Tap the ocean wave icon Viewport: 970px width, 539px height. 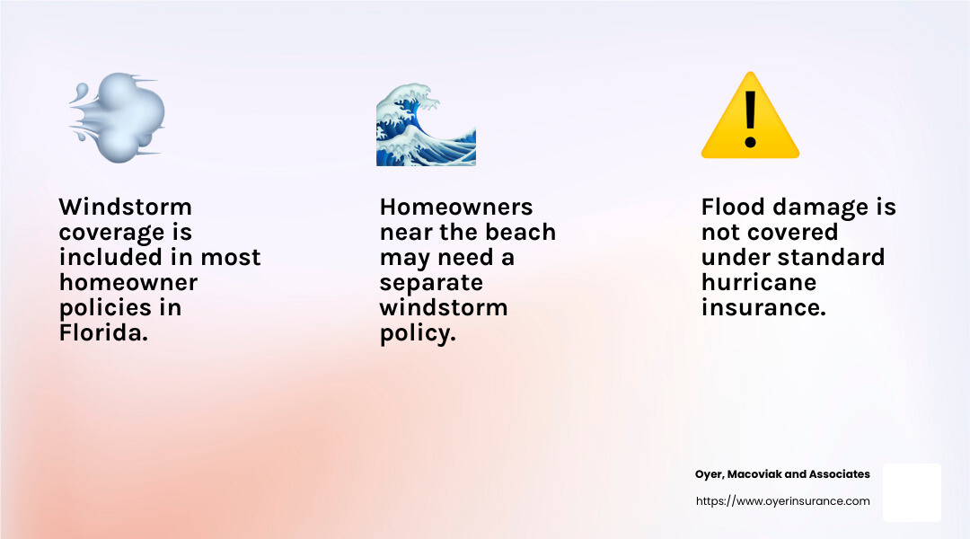coord(425,126)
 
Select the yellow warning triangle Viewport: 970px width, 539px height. coord(750,117)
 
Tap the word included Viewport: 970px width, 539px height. coord(108,257)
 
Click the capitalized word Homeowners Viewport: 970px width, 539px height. coord(456,207)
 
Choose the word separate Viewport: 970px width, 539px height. coord(431,282)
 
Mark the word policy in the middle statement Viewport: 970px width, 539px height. coord(419,333)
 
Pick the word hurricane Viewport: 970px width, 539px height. coord(759,282)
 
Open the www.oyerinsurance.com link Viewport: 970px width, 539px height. coord(782,501)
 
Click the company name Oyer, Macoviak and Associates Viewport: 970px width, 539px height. coord(782,474)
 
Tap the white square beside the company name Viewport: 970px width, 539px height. coord(912,492)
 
